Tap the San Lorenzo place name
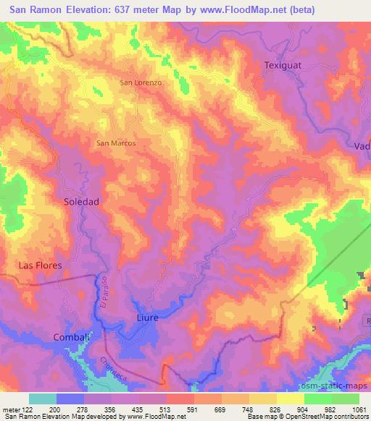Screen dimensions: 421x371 [x=140, y=83]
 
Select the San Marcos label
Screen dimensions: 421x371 [x=116, y=143]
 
